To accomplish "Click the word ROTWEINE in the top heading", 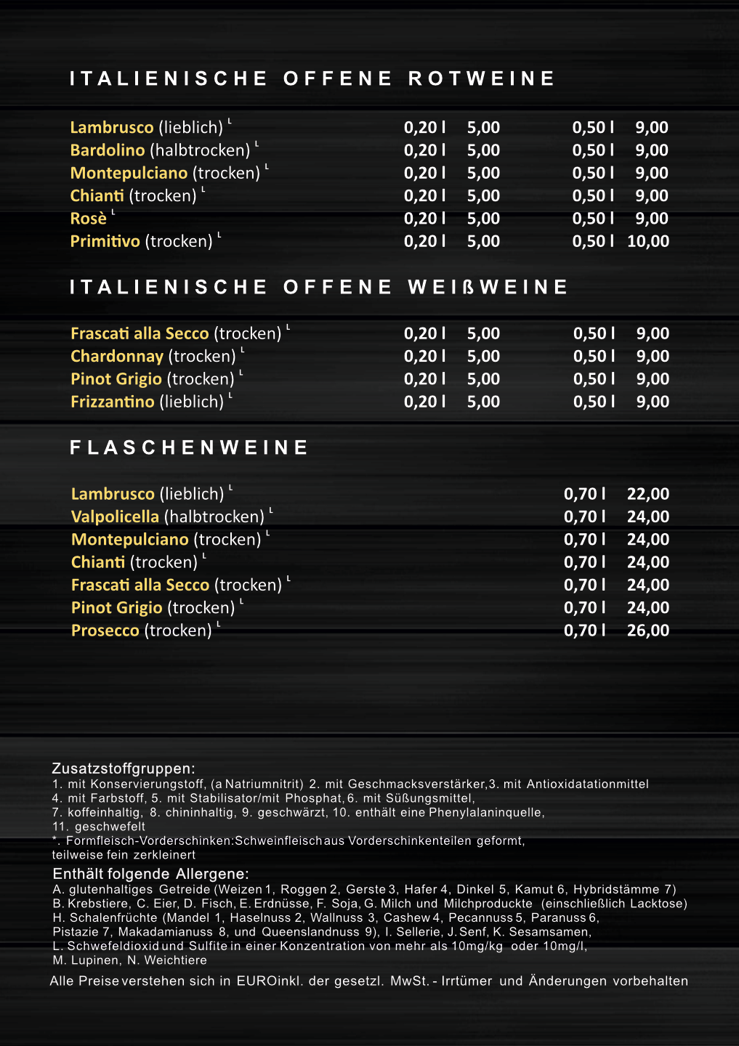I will tap(482, 78).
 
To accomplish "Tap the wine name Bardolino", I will tap(108, 150).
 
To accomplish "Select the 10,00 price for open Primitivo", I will tap(648, 241).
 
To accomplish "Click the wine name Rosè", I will tap(88, 219).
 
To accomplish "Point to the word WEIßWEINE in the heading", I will tap(488, 288).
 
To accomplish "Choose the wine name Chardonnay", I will tap(117, 357).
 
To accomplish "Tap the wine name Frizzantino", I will tap(113, 402).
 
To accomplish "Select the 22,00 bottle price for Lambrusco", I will tap(648, 494).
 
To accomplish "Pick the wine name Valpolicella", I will tap(115, 517).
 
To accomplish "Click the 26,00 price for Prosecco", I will tap(648, 631).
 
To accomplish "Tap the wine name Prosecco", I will tap(105, 631).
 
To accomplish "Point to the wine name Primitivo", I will tap(105, 241).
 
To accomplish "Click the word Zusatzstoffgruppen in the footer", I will tap(122, 769).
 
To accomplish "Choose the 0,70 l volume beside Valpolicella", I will tap(585, 517).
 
